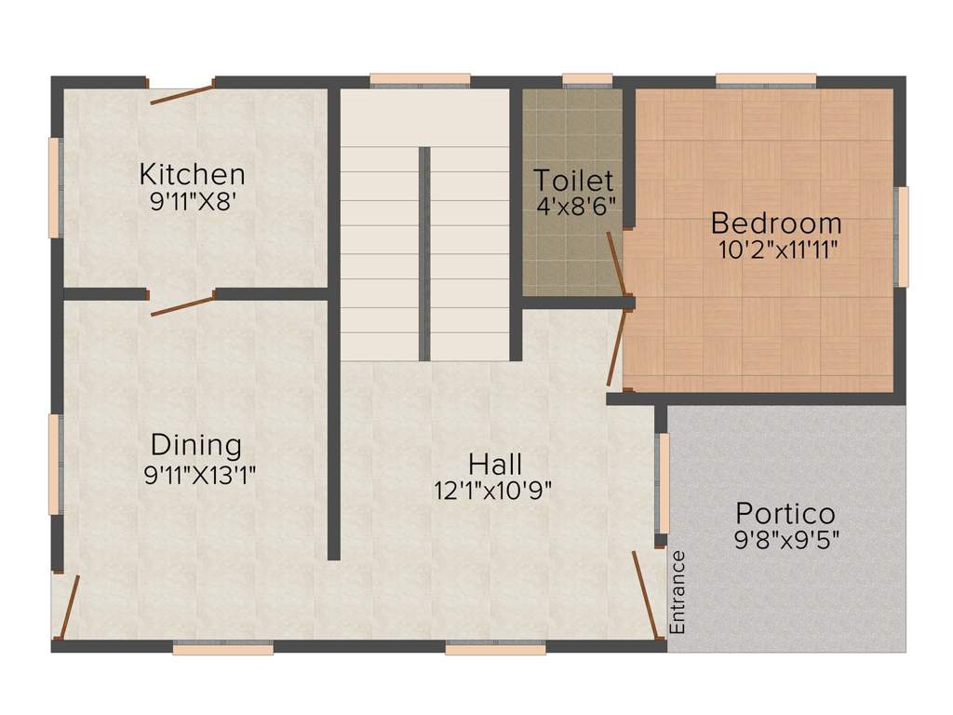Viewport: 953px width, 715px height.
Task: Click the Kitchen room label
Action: click(192, 174)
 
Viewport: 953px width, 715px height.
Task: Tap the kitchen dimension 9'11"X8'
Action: click(192, 201)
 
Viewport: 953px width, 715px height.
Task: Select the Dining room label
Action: click(196, 444)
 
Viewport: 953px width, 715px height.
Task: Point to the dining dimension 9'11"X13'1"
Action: click(199, 474)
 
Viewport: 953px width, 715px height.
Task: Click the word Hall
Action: click(495, 465)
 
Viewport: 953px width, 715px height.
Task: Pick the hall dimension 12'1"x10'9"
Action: click(493, 490)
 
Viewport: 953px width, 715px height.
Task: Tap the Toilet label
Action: click(573, 181)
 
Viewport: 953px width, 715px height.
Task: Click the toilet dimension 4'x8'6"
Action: click(576, 206)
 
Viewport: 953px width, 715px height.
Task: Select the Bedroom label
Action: click(776, 223)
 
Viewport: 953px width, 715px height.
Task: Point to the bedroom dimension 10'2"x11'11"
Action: click(779, 250)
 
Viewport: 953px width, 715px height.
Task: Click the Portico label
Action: click(785, 514)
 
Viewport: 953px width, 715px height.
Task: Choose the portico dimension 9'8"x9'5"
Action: click(786, 540)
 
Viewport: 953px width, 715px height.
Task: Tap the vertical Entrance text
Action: click(678, 592)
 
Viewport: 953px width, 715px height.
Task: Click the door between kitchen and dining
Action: click(181, 304)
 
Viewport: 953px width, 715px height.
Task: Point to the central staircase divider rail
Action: click(424, 254)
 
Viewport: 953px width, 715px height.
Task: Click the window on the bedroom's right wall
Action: click(904, 236)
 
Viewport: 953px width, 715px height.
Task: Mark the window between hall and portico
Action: click(664, 483)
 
